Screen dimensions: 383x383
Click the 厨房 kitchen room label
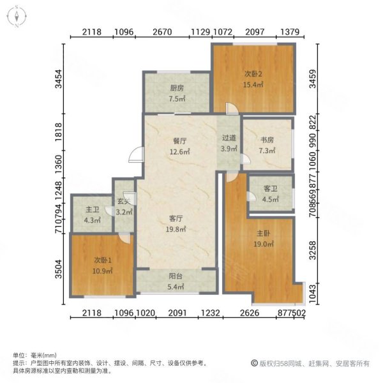(177, 88)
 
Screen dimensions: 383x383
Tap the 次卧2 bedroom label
(253, 73)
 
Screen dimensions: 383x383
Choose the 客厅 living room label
(176, 218)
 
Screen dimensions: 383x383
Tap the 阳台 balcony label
(177, 278)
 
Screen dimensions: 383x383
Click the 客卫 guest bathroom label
(271, 189)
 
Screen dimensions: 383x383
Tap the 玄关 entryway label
(124, 202)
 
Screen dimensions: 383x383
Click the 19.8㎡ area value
(176, 228)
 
